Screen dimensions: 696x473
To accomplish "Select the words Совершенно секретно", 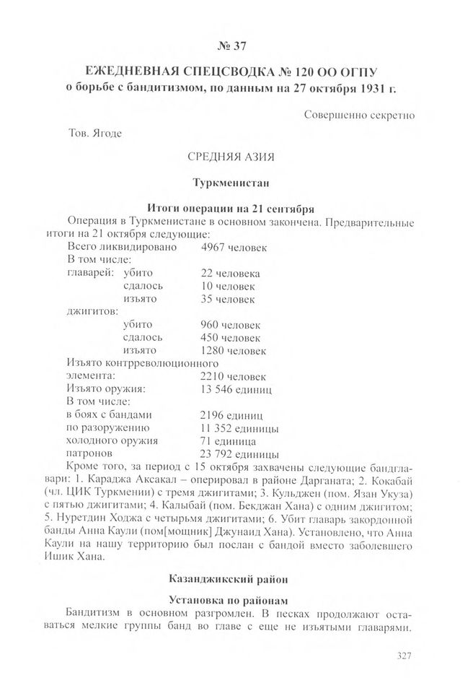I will [359, 114].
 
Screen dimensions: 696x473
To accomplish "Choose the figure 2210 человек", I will [233, 376].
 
